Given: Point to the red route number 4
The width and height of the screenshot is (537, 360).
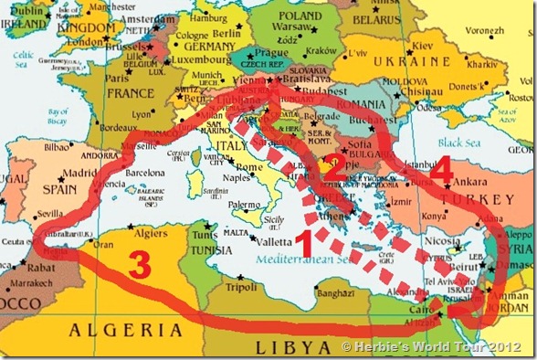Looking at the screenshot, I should click(441, 171).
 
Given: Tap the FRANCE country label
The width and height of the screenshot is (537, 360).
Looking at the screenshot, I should click(131, 92).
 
